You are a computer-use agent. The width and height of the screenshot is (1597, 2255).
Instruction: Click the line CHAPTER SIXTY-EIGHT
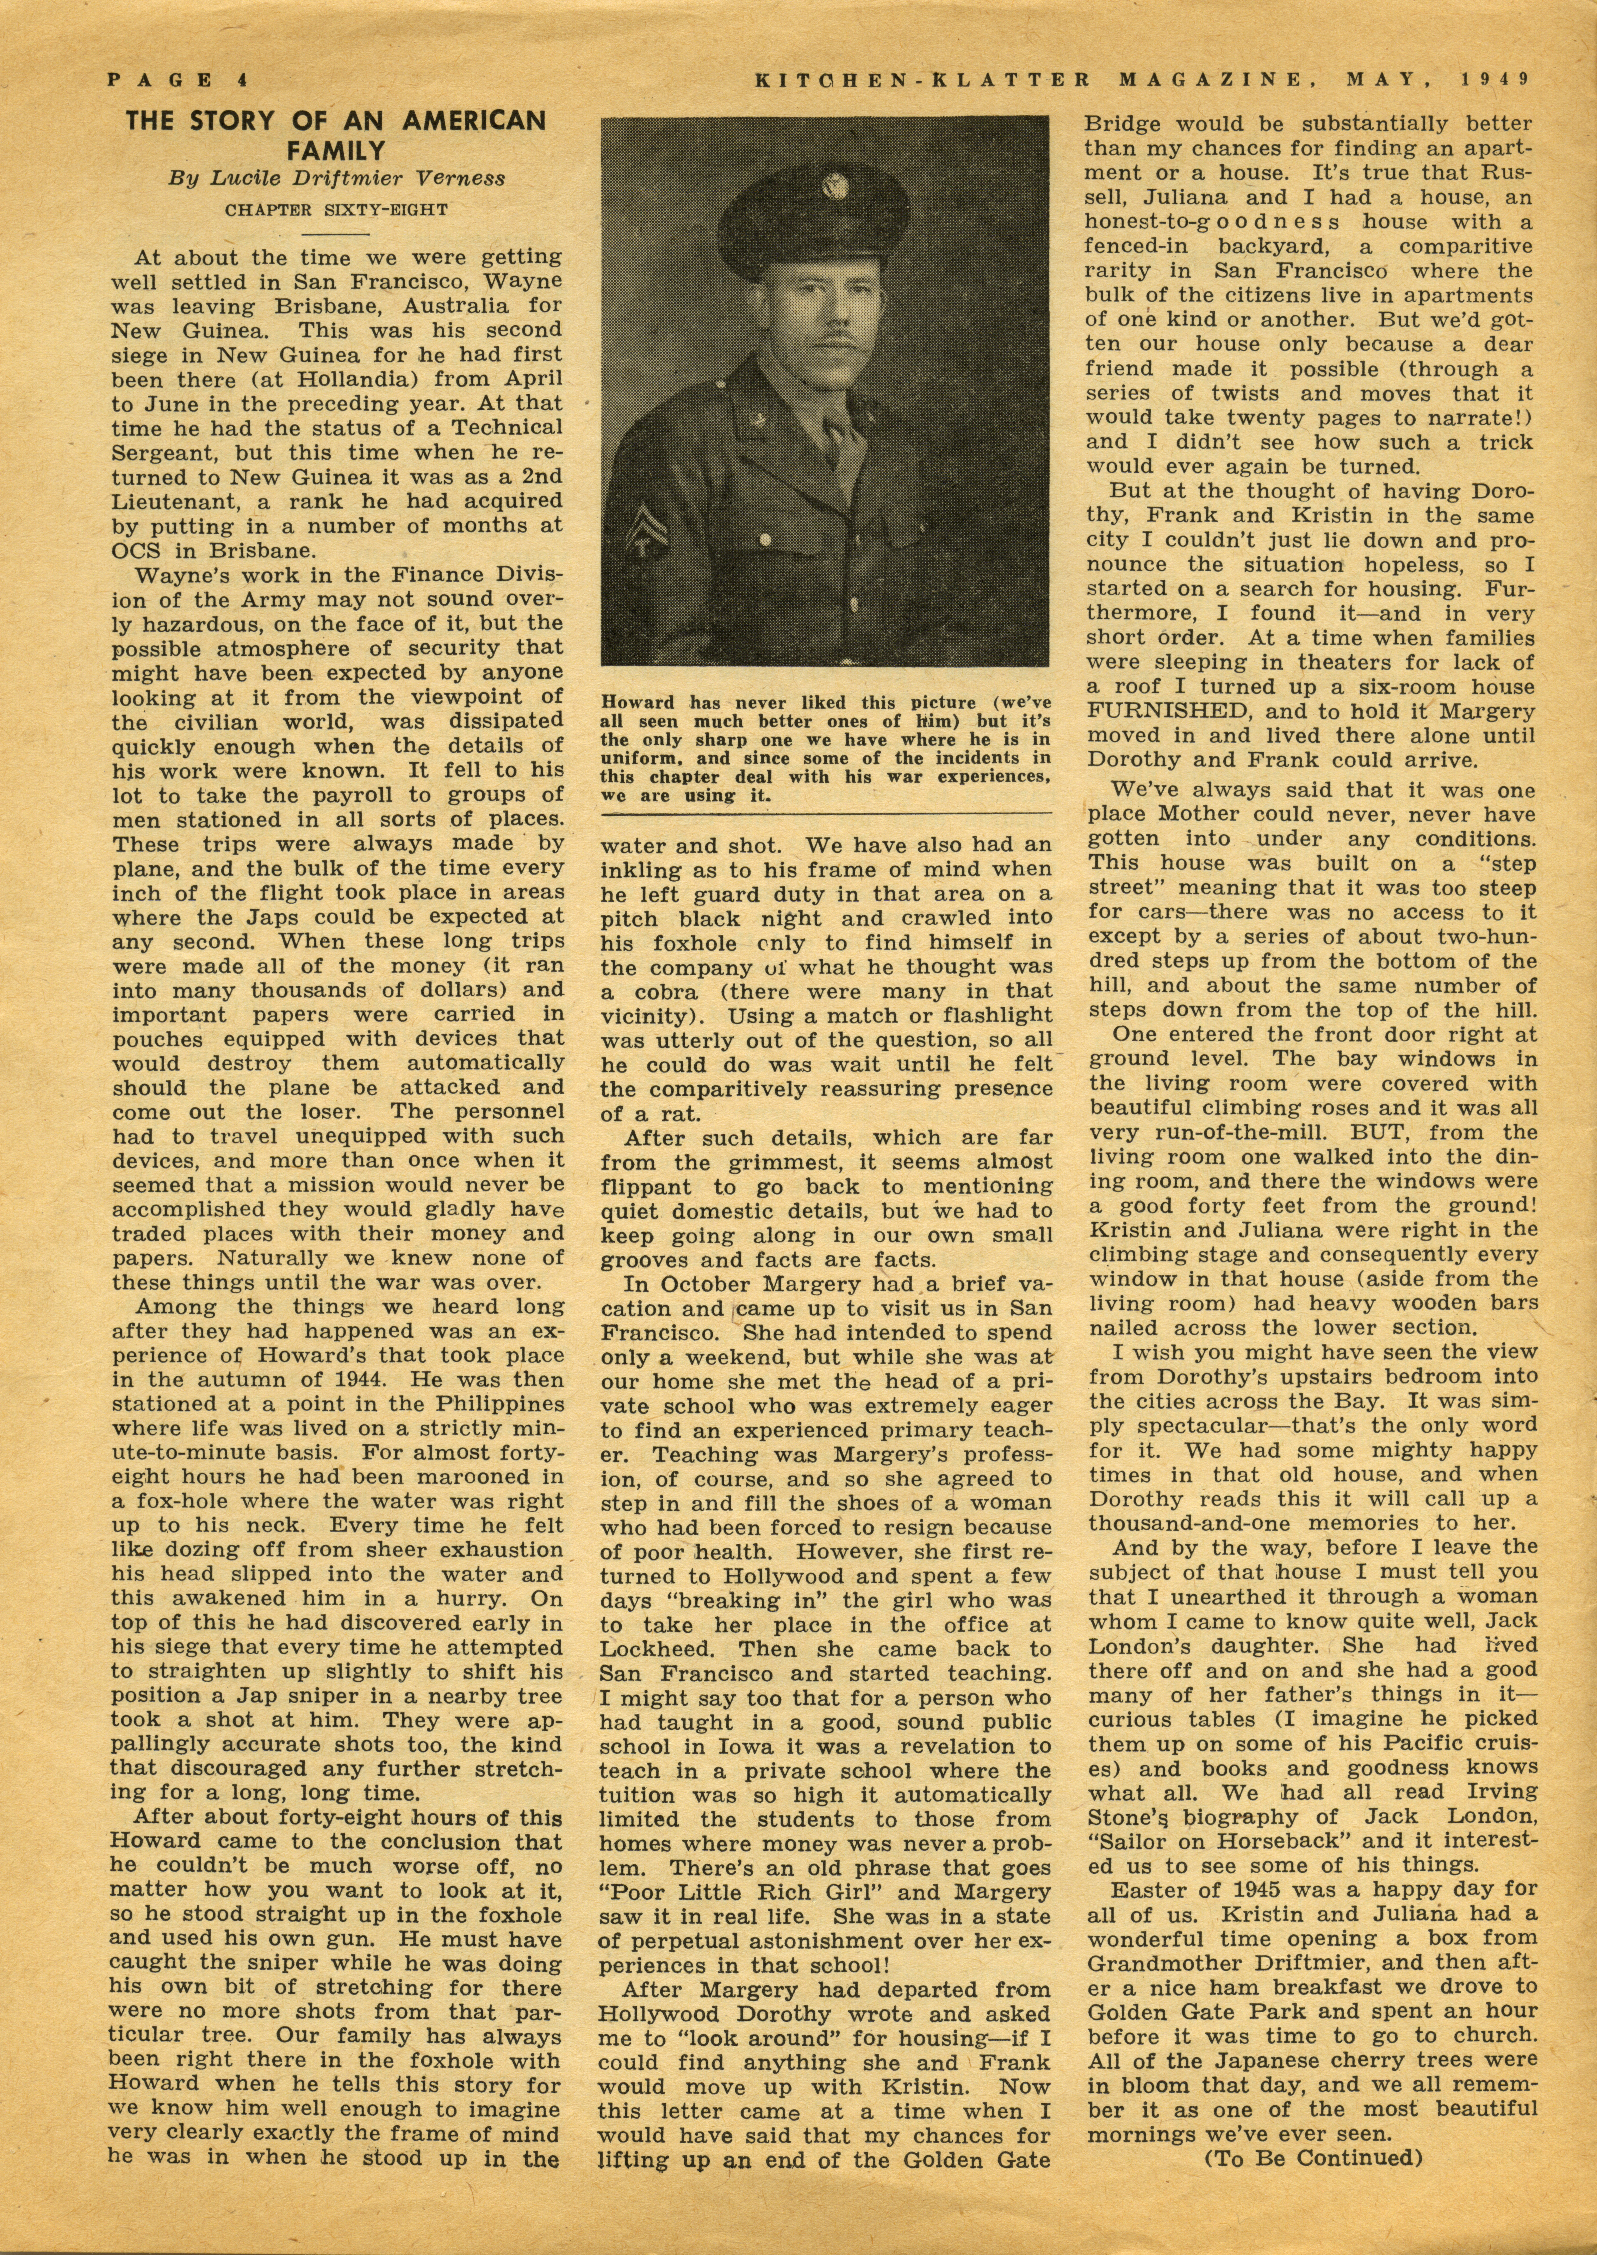point(335,210)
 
